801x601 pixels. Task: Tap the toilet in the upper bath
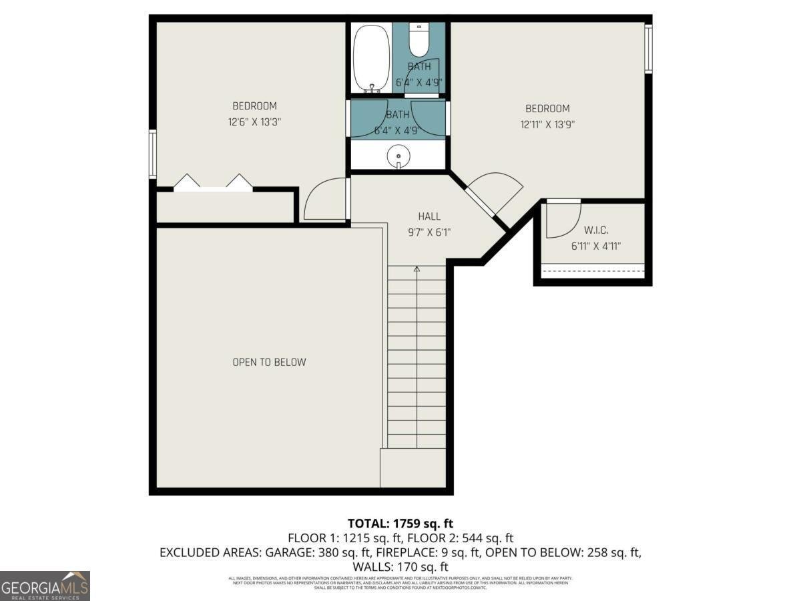click(x=419, y=41)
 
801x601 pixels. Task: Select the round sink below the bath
click(x=398, y=157)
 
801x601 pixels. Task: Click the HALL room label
click(x=429, y=216)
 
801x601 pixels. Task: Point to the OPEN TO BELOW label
click(x=269, y=362)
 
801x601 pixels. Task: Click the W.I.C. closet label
click(x=596, y=230)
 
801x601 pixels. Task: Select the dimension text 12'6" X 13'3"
click(x=254, y=122)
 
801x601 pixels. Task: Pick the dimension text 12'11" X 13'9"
click(x=547, y=124)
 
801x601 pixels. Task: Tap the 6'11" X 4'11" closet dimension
click(x=596, y=246)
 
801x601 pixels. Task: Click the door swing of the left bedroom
click(x=325, y=200)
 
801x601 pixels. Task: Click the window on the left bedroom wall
click(x=153, y=154)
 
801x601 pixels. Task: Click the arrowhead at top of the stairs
click(x=417, y=269)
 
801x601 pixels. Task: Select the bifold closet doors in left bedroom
click(x=213, y=183)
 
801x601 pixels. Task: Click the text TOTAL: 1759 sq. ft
click(x=400, y=524)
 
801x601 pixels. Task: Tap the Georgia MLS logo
click(x=45, y=586)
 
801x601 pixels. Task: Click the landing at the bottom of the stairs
click(x=413, y=467)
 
